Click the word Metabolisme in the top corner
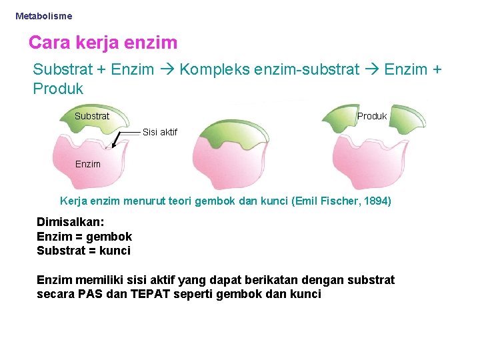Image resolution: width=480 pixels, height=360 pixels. [43, 15]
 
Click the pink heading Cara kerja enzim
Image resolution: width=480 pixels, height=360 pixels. [103, 43]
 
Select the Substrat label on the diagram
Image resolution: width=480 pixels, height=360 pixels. [92, 116]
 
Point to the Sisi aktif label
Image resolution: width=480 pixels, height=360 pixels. [160, 132]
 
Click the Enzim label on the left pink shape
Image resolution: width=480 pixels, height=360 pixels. [88, 164]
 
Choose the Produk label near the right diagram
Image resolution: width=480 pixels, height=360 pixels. [372, 116]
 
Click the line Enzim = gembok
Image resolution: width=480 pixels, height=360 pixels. [84, 237]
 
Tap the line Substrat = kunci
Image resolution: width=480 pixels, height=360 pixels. [83, 251]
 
